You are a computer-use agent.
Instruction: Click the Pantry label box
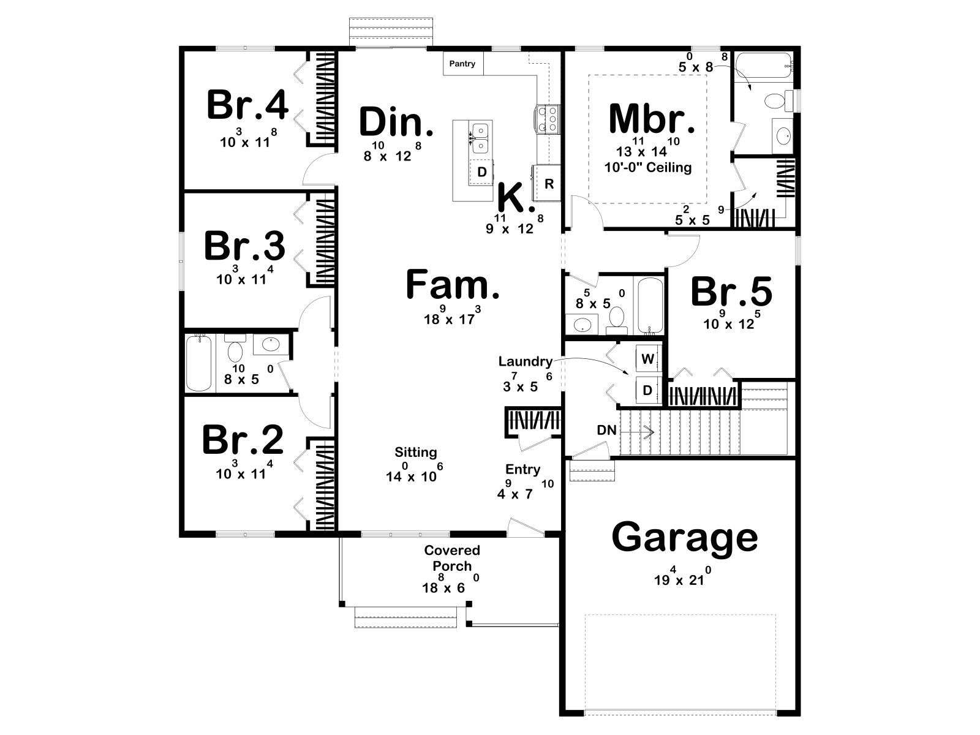[x=462, y=64]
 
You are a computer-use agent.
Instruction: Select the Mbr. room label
[x=652, y=118]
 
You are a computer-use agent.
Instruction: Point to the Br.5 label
[x=731, y=292]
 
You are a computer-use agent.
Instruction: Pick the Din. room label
[x=396, y=121]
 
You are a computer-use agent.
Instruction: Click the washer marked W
[x=648, y=358]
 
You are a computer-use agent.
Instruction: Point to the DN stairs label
[x=607, y=430]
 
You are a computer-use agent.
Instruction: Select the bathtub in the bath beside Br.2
[x=198, y=363]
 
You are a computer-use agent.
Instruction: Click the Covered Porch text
[x=452, y=558]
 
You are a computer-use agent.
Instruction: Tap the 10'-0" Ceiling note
[x=648, y=167]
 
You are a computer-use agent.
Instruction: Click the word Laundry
[x=526, y=361]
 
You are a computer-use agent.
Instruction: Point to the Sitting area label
[x=416, y=453]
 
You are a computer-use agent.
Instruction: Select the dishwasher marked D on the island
[x=482, y=172]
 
